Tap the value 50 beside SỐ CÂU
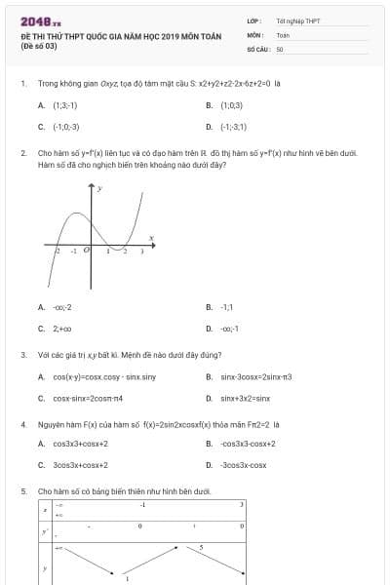pos(280,48)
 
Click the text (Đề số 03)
pos(40,45)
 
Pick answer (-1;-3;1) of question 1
pos(233,127)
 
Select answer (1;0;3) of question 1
pos(231,104)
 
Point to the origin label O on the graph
pos(87,250)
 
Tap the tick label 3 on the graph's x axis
pos(142,251)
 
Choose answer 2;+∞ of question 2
pos(62,329)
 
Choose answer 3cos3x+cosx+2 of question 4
pos(87,465)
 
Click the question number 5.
pos(23,491)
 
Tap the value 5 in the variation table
pos(201,548)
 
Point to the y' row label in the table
pos(43,531)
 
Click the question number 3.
pos(23,355)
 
